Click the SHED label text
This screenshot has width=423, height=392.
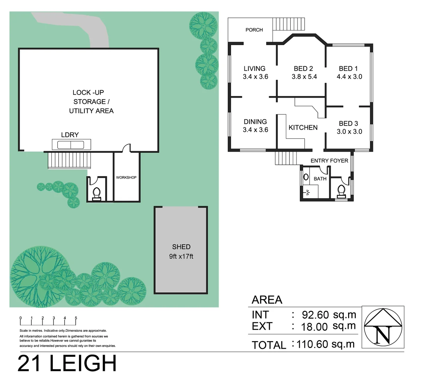181,247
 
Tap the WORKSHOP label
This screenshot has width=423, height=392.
126,177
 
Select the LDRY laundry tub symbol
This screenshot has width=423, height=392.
71,144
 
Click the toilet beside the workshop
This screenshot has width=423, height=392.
97,193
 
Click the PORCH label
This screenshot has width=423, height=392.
254,30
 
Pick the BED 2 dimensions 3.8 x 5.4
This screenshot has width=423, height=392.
304,77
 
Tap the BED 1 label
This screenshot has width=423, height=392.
348,69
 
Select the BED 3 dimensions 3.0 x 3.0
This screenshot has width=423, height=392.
349,131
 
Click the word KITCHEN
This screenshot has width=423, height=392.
303,127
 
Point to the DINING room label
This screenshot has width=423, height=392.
255,122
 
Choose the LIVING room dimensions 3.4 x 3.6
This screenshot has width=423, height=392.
255,77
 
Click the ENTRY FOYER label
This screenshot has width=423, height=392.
329,160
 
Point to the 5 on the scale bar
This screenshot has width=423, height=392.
76,318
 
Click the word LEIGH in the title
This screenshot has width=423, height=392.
83,364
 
